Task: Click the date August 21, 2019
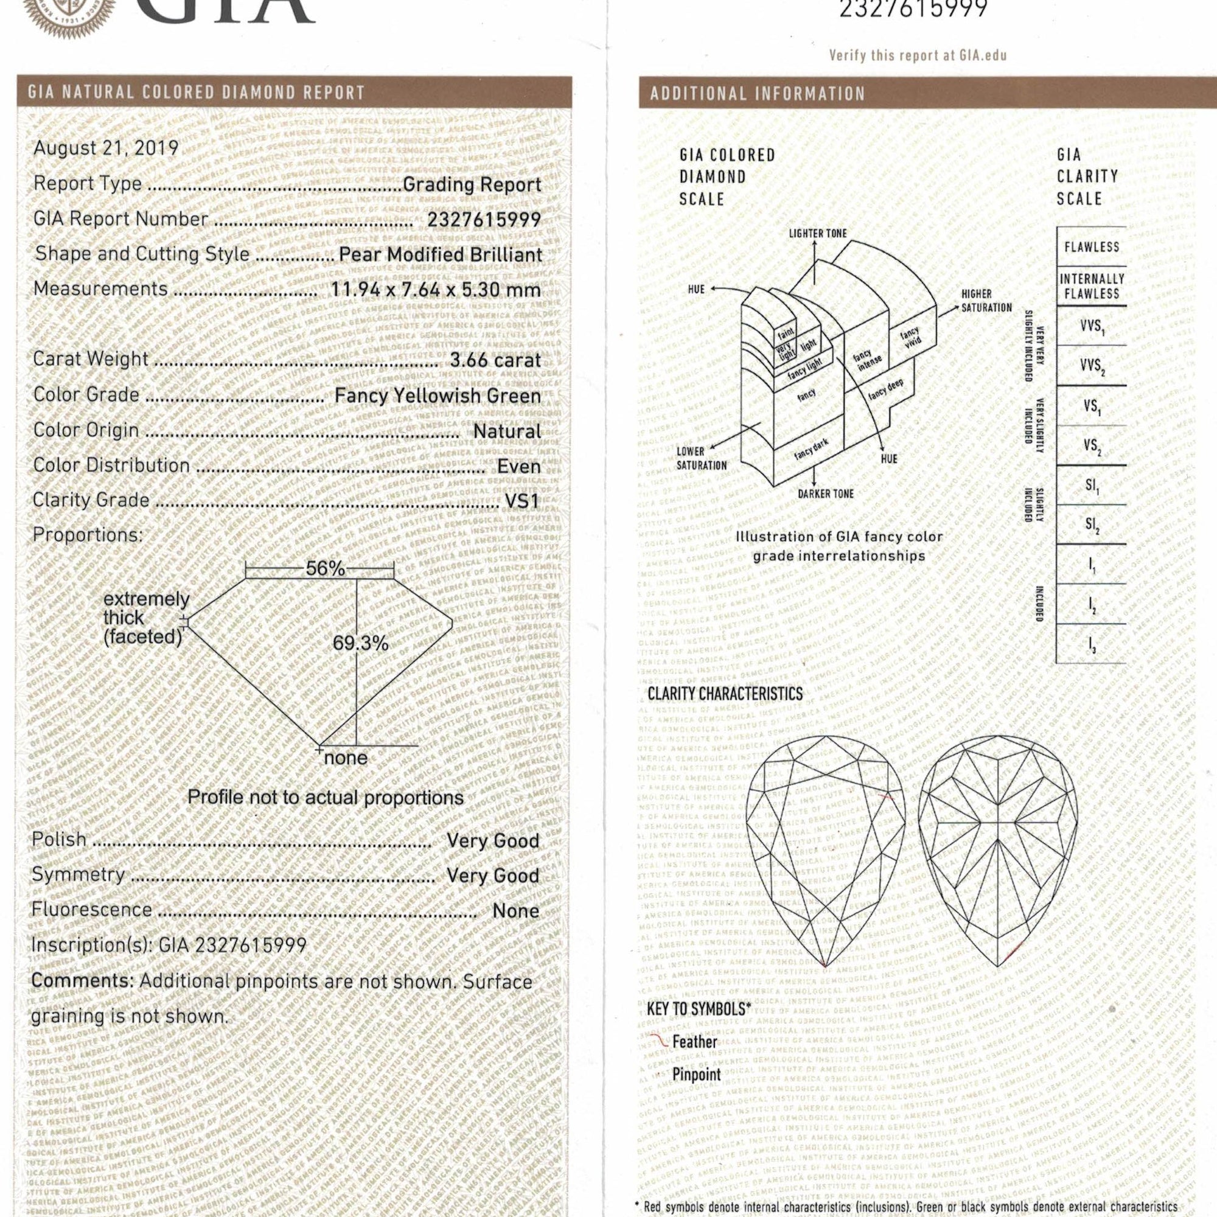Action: [106, 148]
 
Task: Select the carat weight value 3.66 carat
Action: [495, 360]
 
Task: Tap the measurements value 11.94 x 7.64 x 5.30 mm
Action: [436, 290]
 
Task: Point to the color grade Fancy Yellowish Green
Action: [438, 396]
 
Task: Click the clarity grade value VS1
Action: [522, 501]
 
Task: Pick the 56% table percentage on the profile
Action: [325, 569]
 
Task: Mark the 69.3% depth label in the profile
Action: [361, 643]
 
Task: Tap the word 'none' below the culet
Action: [345, 758]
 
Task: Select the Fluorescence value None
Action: [516, 911]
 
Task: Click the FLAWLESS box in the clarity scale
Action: [1092, 247]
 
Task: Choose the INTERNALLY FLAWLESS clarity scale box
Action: [1092, 286]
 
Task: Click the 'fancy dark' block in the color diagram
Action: [812, 450]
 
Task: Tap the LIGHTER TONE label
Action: [818, 234]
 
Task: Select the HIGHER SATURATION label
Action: [986, 301]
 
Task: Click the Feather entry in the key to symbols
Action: [694, 1042]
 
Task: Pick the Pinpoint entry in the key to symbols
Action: [696, 1075]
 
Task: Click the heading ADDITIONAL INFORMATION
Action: [758, 94]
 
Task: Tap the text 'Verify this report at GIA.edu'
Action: [918, 55]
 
